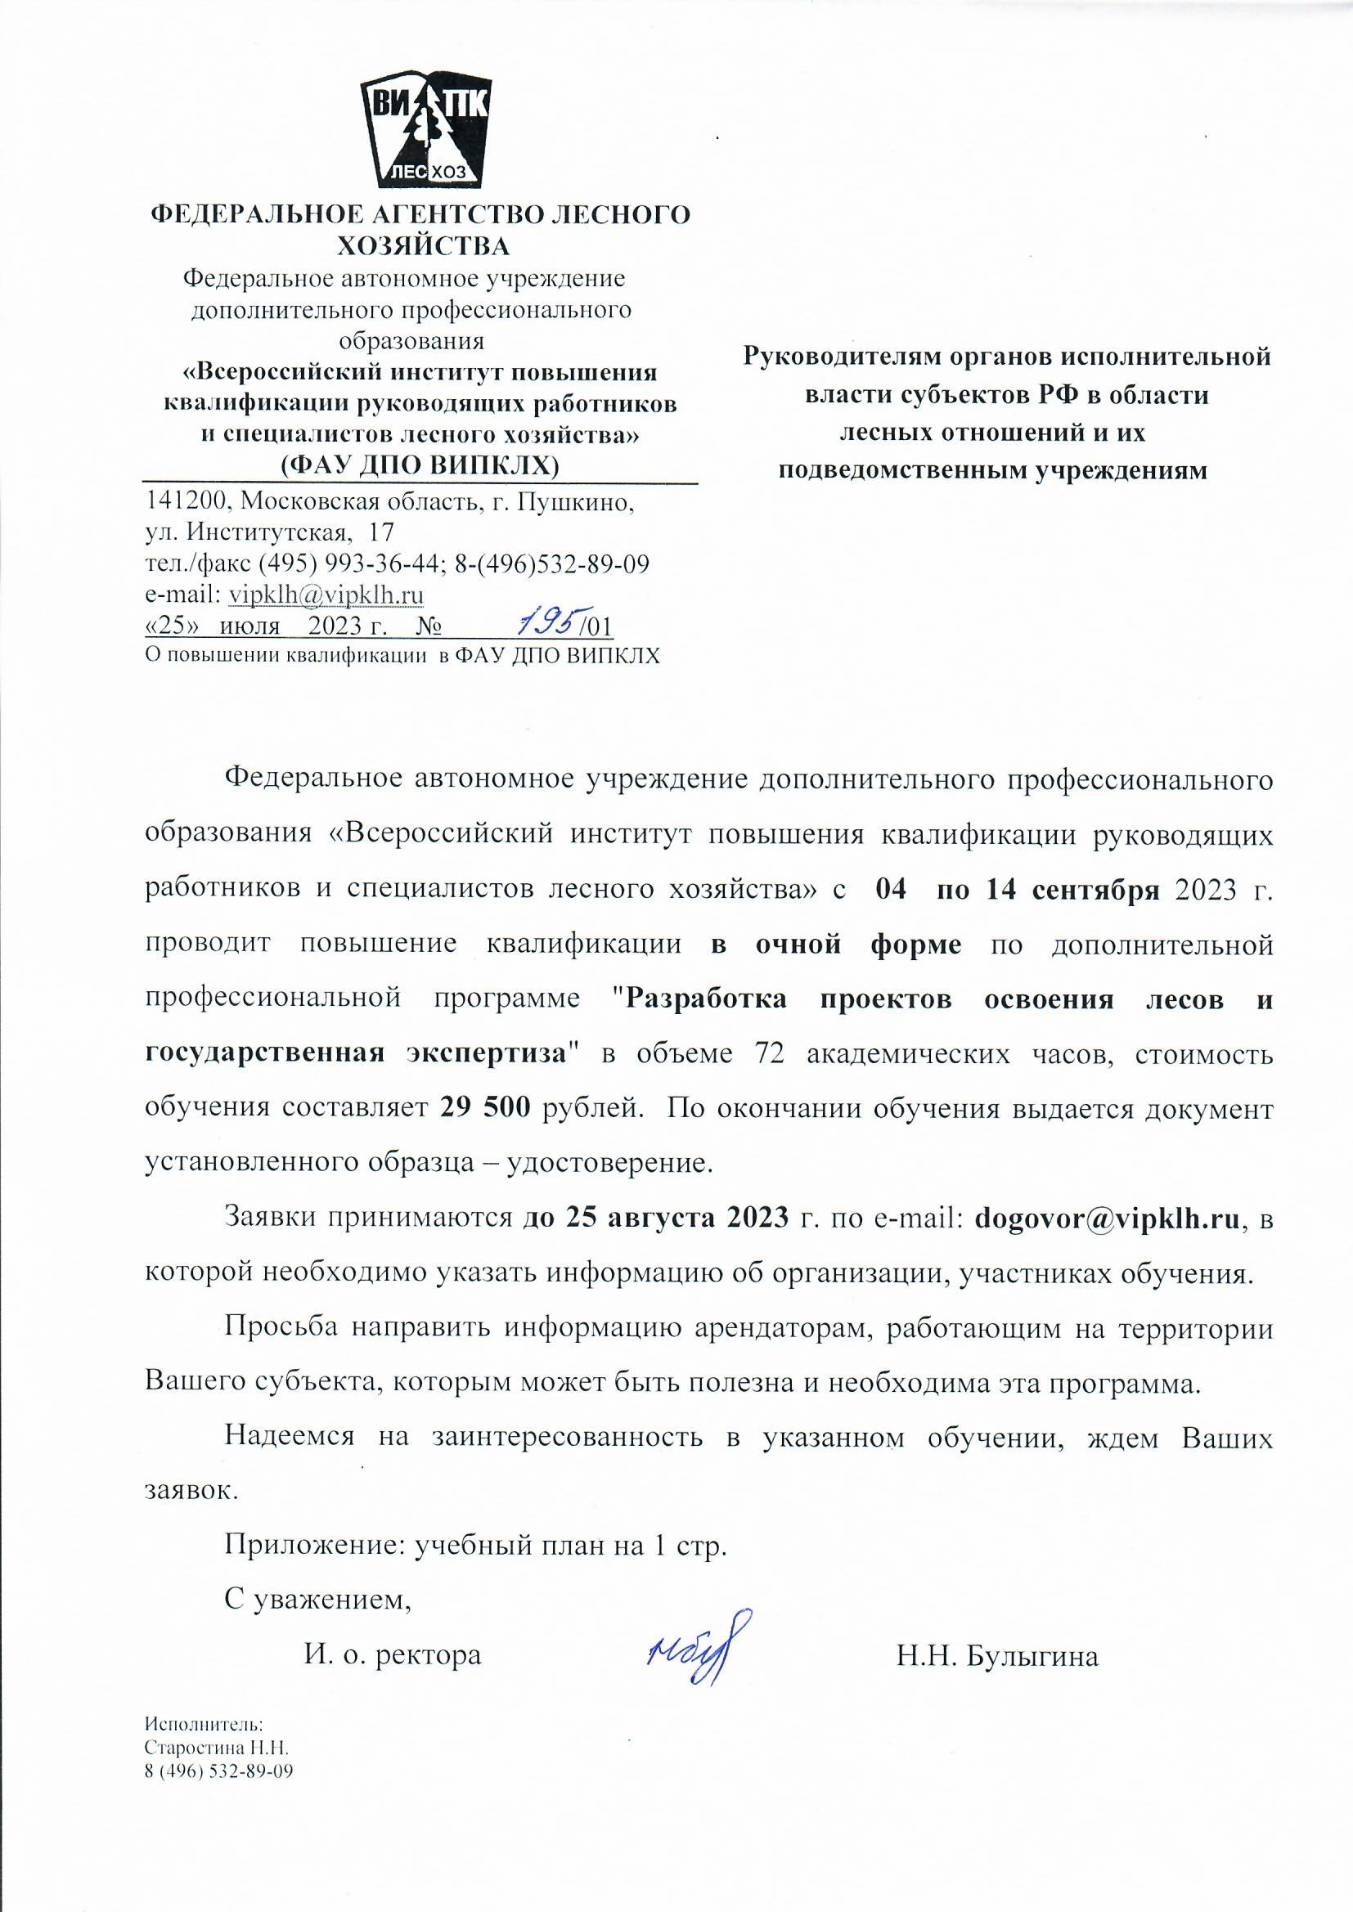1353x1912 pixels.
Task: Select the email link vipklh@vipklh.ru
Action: [x=326, y=595]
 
